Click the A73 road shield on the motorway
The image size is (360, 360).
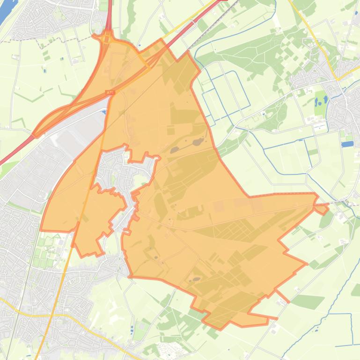click(110, 93)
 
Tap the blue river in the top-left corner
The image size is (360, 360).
click(7, 12)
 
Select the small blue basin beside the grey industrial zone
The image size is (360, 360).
click(103, 111)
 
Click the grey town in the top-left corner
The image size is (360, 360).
click(51, 19)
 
